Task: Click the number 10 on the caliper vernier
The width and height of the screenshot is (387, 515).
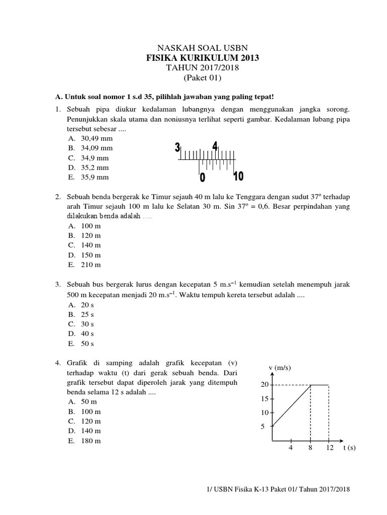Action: point(238,176)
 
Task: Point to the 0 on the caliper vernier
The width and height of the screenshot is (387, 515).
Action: point(203,178)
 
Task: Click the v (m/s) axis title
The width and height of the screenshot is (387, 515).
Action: point(280,368)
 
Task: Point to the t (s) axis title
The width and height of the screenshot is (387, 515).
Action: point(349,448)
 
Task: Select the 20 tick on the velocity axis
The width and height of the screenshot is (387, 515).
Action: point(265,385)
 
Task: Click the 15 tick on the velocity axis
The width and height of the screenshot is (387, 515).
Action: point(265,399)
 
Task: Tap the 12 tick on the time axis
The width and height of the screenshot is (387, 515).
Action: point(330,448)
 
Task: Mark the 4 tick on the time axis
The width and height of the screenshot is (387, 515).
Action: point(291,448)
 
